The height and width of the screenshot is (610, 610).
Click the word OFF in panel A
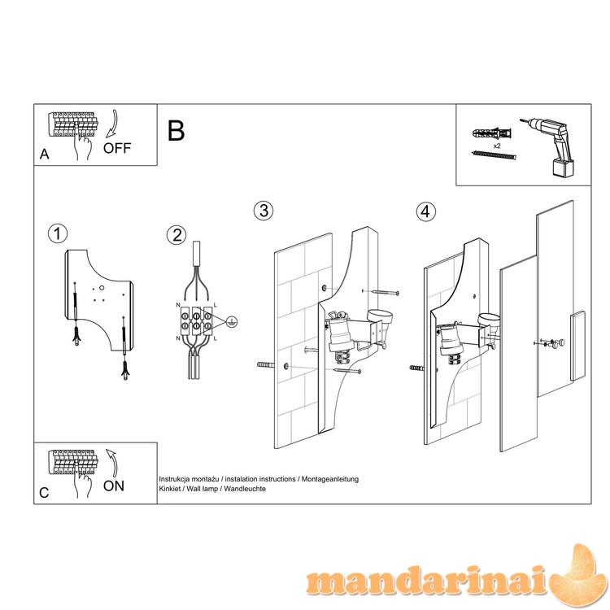pos(117,148)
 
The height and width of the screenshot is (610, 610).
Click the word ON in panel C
pos(114,486)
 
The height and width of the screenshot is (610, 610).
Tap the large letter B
pos(176,131)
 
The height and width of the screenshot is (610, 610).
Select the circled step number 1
pos(58,234)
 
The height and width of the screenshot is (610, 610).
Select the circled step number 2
pos(176,235)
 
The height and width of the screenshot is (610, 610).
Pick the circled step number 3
pos(264,211)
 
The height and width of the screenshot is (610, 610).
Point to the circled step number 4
pos(425,211)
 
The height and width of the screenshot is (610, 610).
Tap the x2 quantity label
pos(497,146)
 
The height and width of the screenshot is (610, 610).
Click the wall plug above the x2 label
pos(492,134)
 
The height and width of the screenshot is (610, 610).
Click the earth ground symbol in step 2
pos(232,322)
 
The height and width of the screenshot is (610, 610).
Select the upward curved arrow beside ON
pos(112,463)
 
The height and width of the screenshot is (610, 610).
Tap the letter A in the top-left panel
pos(45,155)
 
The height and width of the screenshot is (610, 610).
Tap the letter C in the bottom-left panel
pos(44,493)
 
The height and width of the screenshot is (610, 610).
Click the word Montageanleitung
pos(330,479)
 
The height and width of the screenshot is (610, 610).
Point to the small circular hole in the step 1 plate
pos(102,288)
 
